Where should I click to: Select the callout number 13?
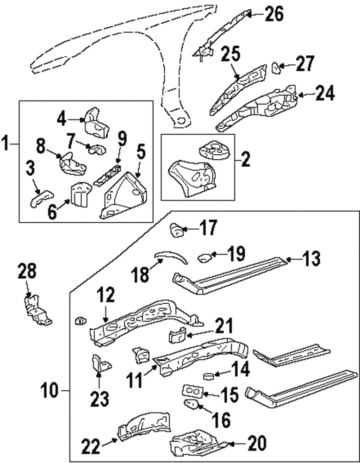coord(311,259)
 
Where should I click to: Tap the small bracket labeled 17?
coord(176,229)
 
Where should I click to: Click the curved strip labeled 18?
coord(169,256)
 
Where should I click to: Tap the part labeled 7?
coord(96,149)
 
